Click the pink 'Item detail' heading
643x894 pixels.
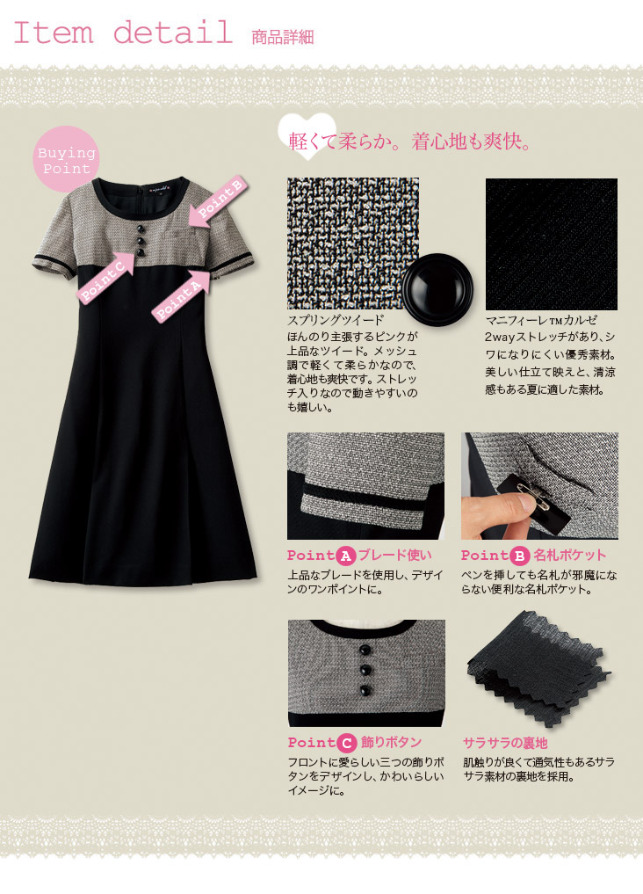point(122,33)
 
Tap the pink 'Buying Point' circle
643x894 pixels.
point(66,160)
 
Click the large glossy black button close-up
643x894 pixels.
point(437,289)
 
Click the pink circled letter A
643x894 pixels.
point(346,556)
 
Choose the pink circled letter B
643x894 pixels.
point(520,556)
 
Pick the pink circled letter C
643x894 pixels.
point(346,743)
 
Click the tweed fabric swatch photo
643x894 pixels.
point(353,243)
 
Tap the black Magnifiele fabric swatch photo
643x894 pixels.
point(552,244)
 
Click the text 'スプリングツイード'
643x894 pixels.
point(336,320)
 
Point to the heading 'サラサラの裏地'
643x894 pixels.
point(504,743)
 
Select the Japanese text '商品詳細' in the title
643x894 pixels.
point(283,37)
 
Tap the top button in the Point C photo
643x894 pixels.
point(365,650)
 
